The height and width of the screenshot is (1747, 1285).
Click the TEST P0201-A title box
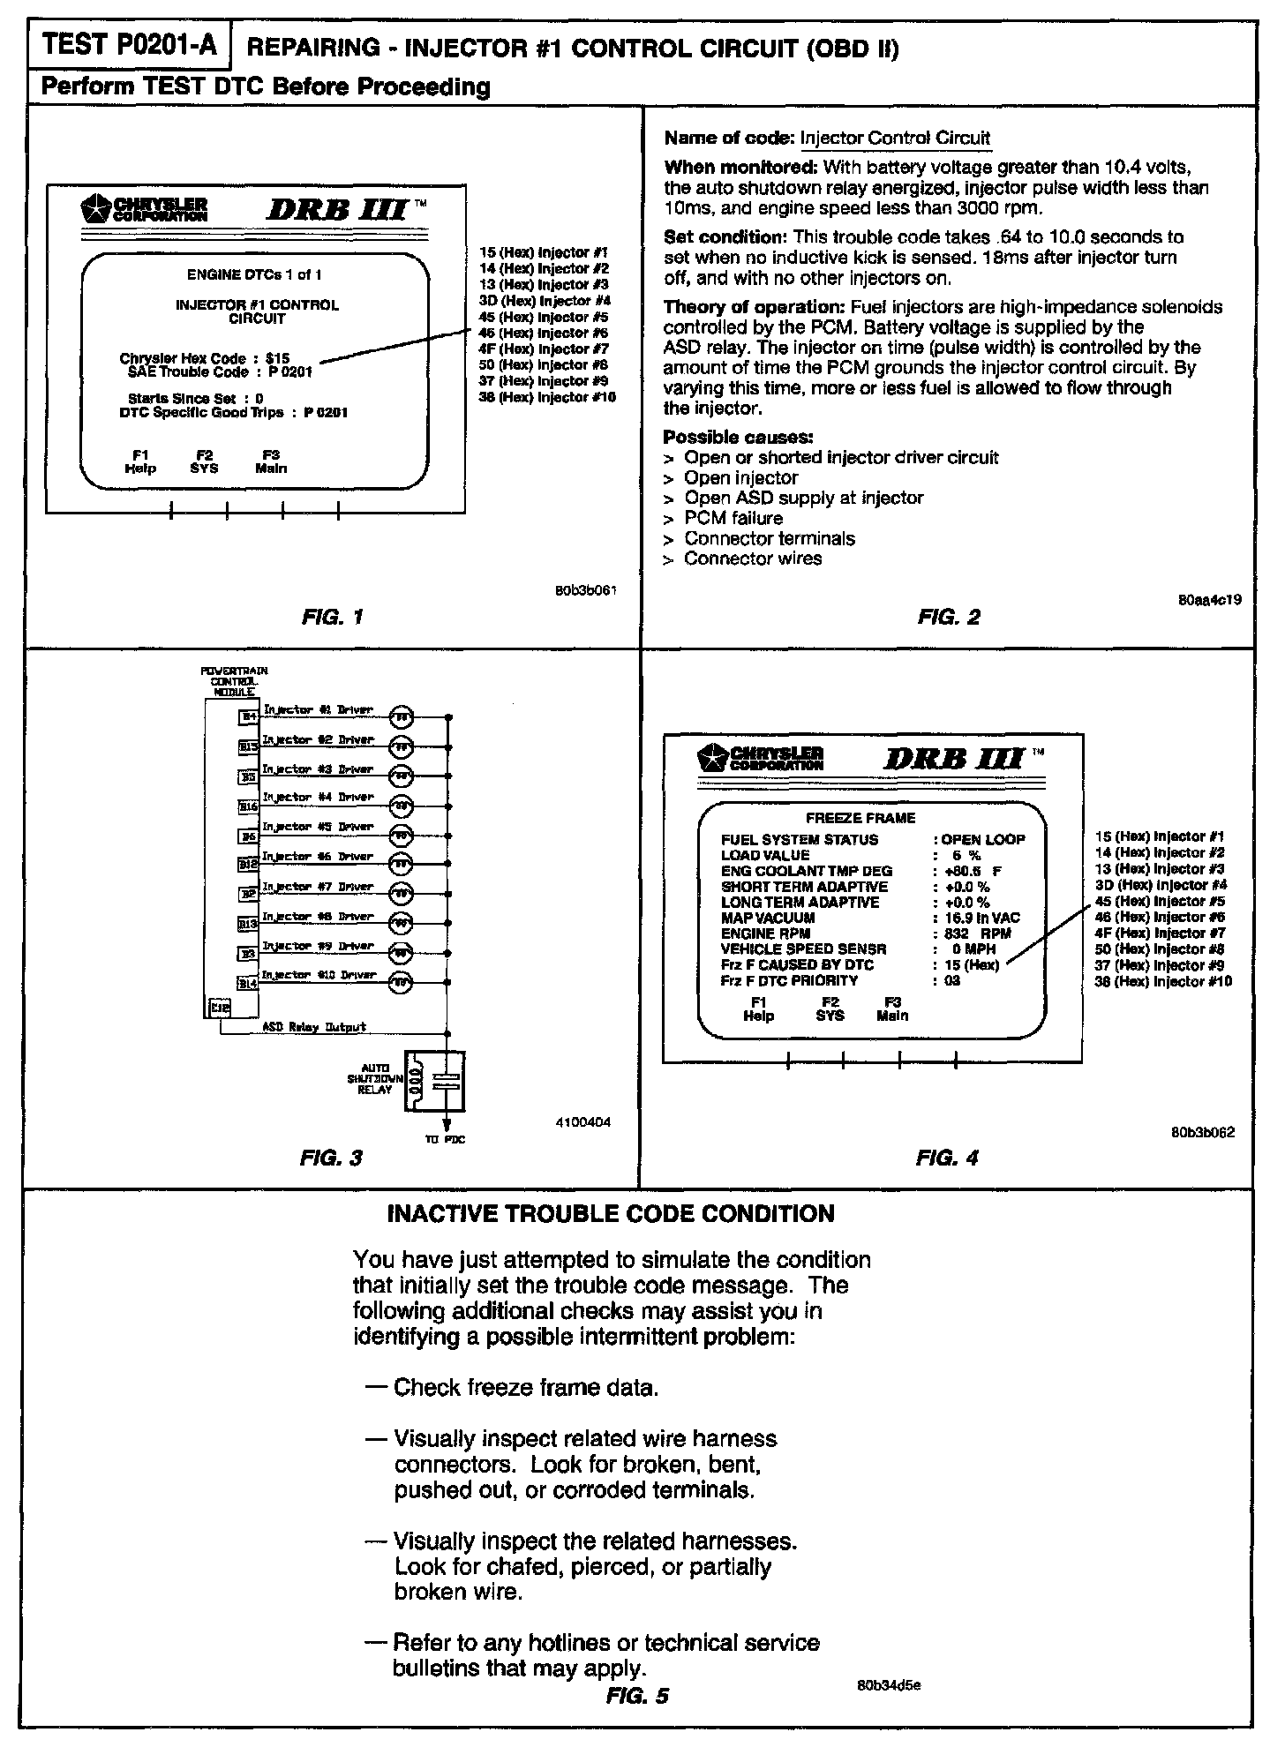tap(129, 47)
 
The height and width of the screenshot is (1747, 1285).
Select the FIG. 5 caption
tap(637, 1695)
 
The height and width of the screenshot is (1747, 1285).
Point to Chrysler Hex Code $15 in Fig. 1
tap(205, 359)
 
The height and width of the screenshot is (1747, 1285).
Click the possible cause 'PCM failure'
tap(733, 518)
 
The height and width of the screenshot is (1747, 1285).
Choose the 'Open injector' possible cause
tap(740, 477)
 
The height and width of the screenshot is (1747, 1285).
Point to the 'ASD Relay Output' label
tap(314, 1027)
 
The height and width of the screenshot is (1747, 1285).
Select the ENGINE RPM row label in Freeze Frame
tap(761, 933)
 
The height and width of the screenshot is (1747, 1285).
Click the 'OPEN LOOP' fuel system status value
tap(983, 840)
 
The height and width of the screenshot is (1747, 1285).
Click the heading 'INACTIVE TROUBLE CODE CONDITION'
tap(611, 1214)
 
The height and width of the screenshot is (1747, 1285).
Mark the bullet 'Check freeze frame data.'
tap(526, 1388)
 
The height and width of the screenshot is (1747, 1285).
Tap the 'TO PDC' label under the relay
tap(446, 1140)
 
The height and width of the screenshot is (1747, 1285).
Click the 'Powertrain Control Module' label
tap(234, 681)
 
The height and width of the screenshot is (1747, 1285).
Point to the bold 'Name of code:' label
tap(729, 139)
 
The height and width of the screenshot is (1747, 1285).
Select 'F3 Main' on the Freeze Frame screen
tap(892, 1008)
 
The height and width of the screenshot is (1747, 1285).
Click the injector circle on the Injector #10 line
tap(401, 982)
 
